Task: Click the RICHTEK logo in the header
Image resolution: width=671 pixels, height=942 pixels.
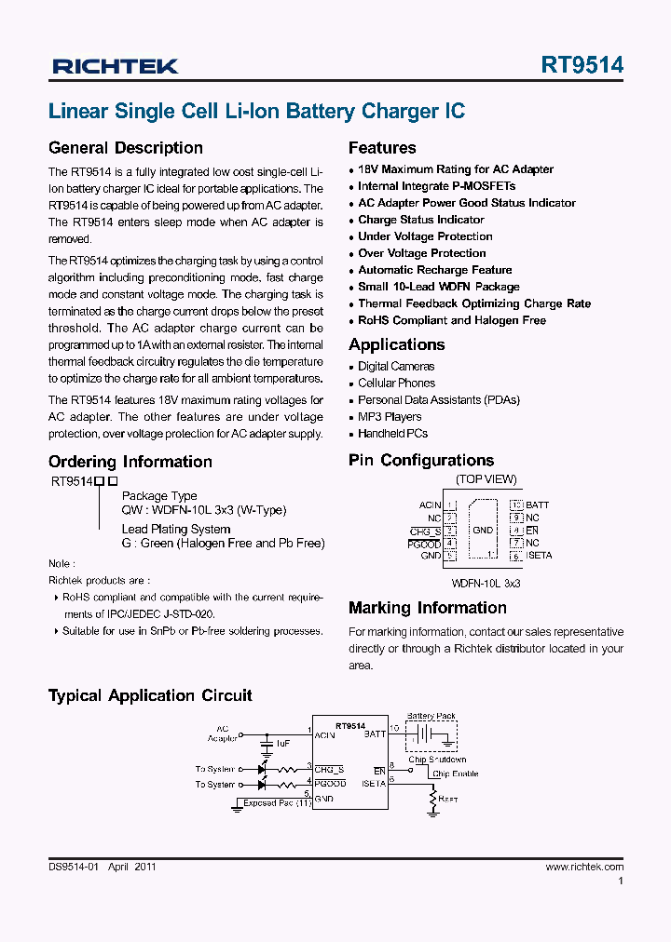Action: pyautogui.click(x=116, y=66)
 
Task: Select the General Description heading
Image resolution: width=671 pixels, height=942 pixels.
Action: pyautogui.click(x=125, y=148)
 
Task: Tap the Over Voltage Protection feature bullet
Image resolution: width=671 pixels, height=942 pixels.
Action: pyautogui.click(x=421, y=253)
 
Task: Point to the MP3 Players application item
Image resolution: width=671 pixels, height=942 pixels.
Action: pyautogui.click(x=390, y=417)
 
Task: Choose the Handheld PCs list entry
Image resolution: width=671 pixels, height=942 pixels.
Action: pyautogui.click(x=392, y=434)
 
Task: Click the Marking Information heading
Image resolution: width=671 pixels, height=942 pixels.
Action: pyautogui.click(x=427, y=608)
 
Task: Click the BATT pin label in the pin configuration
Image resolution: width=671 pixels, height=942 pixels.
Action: pyautogui.click(x=537, y=505)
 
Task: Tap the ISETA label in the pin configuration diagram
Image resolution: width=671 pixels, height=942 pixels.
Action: pyautogui.click(x=539, y=556)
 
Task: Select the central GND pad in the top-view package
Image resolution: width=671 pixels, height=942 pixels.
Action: pyautogui.click(x=483, y=531)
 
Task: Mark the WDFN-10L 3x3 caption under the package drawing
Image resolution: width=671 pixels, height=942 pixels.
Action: pyautogui.click(x=486, y=582)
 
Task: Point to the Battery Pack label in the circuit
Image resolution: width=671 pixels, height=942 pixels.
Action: pyautogui.click(x=431, y=717)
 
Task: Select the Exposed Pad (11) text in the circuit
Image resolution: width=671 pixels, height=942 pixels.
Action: pyautogui.click(x=277, y=802)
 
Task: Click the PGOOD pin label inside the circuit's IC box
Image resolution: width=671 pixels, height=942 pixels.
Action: pyautogui.click(x=331, y=784)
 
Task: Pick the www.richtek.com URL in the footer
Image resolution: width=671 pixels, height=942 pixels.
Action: pyautogui.click(x=584, y=867)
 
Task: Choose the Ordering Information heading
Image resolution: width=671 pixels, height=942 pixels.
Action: pyautogui.click(x=130, y=462)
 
